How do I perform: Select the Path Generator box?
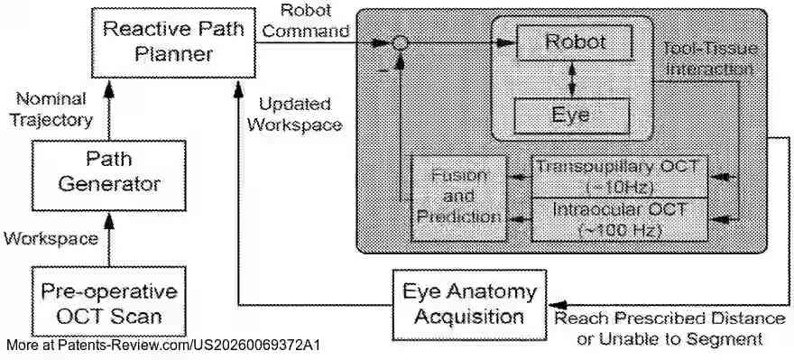[x=109, y=171]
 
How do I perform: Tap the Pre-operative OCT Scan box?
[x=109, y=303]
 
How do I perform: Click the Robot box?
[x=574, y=42]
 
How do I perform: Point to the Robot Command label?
[x=308, y=21]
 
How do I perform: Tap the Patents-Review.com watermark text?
[x=162, y=346]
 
